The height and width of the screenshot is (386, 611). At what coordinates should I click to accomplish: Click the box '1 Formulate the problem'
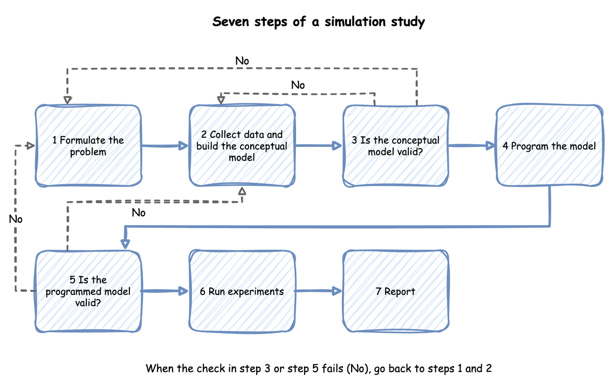click(x=88, y=145)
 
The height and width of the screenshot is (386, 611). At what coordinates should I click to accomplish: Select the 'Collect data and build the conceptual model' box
click(x=242, y=145)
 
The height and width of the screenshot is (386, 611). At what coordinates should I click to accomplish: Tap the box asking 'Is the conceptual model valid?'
click(x=395, y=145)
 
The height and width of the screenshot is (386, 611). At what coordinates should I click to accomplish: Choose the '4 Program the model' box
click(x=550, y=145)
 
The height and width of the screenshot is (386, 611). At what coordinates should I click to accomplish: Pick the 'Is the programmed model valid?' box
click(x=88, y=291)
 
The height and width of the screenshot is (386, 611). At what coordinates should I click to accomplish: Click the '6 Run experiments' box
click(x=242, y=291)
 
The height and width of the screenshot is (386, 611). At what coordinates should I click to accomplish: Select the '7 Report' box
click(x=395, y=291)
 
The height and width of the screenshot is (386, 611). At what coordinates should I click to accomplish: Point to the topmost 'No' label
click(x=242, y=61)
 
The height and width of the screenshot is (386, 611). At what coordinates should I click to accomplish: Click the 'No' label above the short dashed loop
click(x=298, y=85)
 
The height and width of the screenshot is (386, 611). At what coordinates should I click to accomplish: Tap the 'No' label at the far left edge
click(x=16, y=219)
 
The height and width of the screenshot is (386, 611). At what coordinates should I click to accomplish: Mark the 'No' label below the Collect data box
click(x=139, y=213)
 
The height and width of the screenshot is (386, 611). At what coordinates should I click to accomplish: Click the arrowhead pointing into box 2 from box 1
click(x=183, y=146)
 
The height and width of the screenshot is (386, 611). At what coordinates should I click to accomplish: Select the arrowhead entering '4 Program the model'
click(x=491, y=146)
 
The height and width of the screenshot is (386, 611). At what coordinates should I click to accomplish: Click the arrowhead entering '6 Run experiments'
click(x=183, y=291)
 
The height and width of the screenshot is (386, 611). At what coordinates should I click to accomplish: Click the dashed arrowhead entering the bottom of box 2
click(x=242, y=191)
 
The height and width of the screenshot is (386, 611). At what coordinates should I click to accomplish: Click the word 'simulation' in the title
click(x=354, y=22)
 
